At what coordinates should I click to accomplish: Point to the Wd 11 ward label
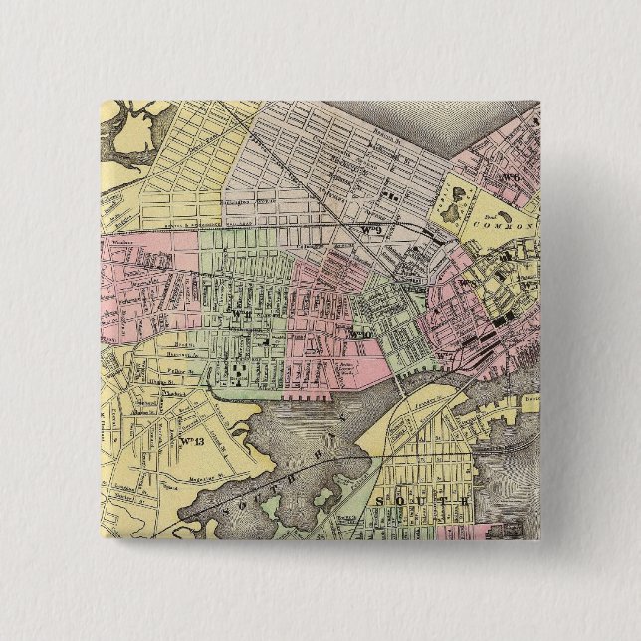(235, 315)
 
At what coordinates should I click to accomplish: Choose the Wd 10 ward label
(360, 335)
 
